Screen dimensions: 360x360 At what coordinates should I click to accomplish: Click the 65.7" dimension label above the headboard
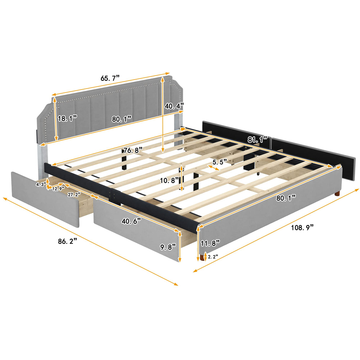click(x=110, y=78)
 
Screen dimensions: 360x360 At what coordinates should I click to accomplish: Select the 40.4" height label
click(x=174, y=106)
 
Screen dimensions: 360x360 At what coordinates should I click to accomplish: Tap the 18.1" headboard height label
click(x=67, y=119)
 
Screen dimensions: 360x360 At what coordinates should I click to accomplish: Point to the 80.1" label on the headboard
click(x=122, y=119)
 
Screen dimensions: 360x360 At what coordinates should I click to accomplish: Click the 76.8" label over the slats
click(x=133, y=150)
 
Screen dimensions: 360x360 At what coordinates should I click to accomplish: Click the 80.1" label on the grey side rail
click(x=286, y=198)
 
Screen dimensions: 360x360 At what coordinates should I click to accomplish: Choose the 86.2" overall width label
click(x=68, y=241)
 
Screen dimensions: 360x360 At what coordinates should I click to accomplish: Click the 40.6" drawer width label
click(x=131, y=221)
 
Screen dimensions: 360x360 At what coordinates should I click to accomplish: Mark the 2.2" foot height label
click(x=213, y=257)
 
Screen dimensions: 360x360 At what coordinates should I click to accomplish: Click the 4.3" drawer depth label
click(x=41, y=184)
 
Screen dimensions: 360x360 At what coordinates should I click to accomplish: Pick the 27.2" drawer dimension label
click(x=74, y=195)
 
